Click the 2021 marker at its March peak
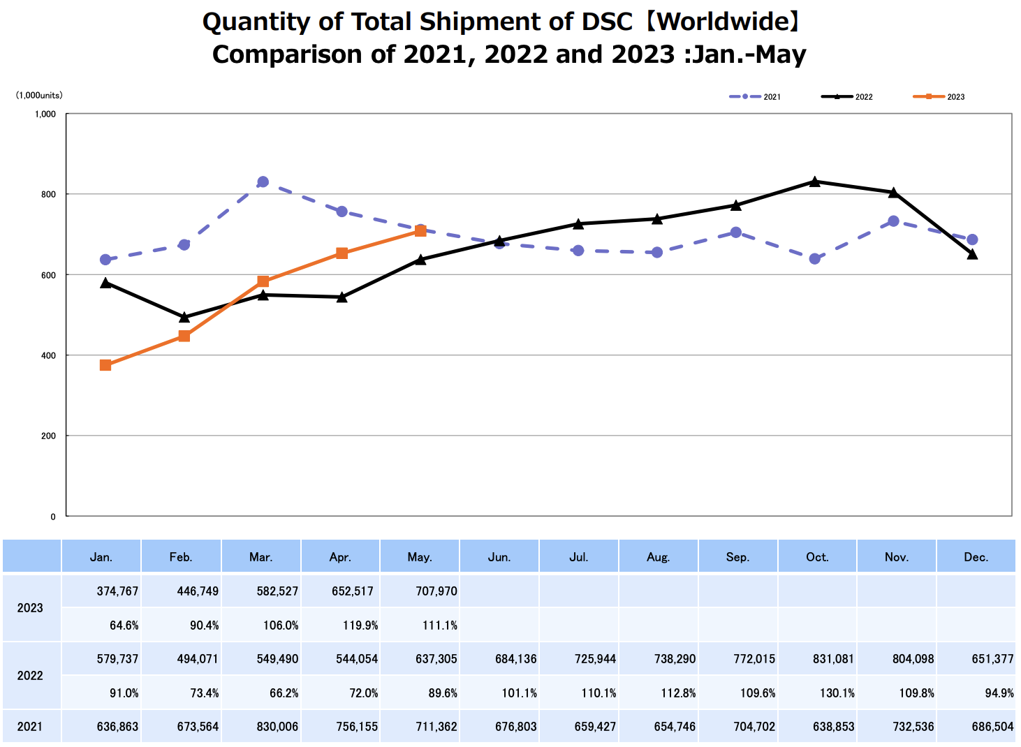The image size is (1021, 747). [263, 182]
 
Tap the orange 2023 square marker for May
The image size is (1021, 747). [420, 231]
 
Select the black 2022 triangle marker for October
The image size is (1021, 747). [814, 182]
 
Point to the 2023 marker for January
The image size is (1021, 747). [105, 365]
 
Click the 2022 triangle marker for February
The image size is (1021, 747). [184, 318]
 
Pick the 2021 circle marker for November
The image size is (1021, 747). [893, 221]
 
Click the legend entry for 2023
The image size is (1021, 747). [939, 97]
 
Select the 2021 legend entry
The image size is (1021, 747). [756, 97]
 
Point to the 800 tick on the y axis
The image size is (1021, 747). [47, 194]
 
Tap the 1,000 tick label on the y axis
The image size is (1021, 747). [45, 114]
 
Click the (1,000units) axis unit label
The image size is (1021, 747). [39, 96]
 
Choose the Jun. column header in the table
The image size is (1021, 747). [499, 557]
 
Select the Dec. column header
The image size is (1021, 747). [976, 557]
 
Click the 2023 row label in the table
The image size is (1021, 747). [30, 608]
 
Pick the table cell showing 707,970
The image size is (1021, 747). [436, 591]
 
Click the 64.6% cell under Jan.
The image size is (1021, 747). [124, 626]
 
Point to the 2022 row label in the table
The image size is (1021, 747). [30, 676]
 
